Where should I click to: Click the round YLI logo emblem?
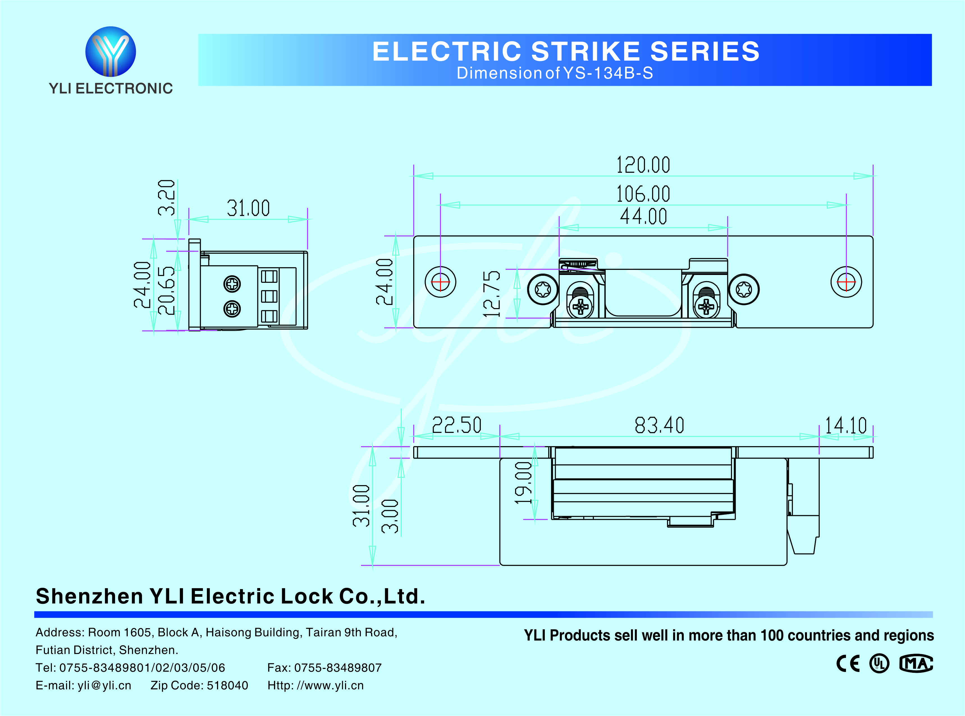pos(111,52)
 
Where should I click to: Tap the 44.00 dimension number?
pos(643,216)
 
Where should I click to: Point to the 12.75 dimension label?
pos(491,293)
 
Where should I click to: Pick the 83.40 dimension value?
pos(659,425)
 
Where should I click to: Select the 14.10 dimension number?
pos(845,425)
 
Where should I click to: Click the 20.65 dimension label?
pos(166,290)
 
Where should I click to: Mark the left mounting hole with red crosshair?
pos(440,282)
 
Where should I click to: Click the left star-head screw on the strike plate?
pos(543,289)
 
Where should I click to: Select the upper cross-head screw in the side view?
pos(232,284)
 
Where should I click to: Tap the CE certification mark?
pos(847,663)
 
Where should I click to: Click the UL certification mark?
pos(879,663)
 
